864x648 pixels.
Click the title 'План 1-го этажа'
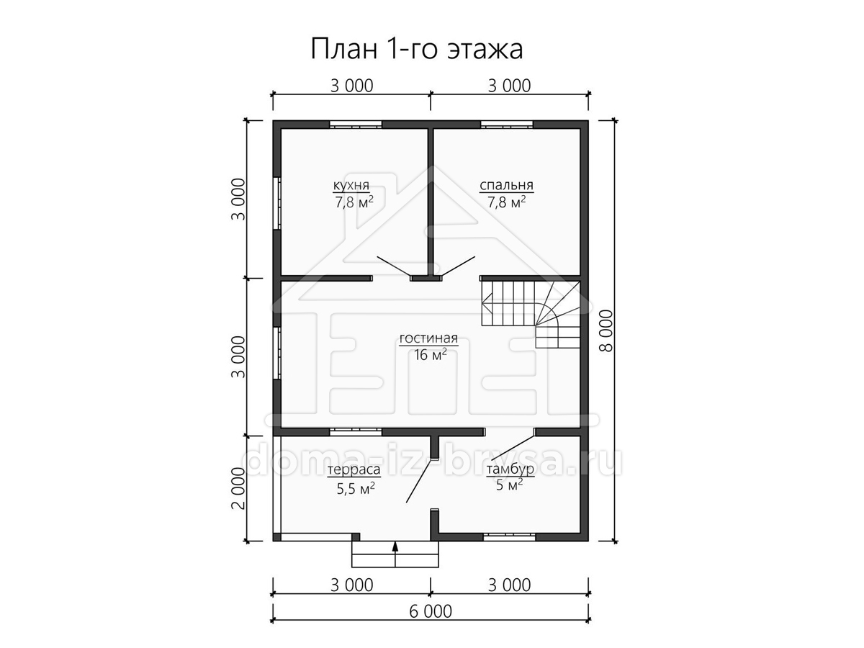click(x=416, y=49)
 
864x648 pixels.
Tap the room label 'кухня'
click(x=351, y=184)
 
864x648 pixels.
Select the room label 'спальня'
click(x=506, y=185)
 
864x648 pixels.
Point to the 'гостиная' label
click(x=428, y=338)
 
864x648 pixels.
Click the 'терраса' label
click(x=354, y=469)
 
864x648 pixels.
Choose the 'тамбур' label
click(x=510, y=469)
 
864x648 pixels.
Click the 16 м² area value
click(x=430, y=354)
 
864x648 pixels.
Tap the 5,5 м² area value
click(x=355, y=488)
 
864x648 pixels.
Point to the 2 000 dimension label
click(x=238, y=488)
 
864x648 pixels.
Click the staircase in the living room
click(x=531, y=315)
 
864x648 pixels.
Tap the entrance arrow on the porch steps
click(x=395, y=554)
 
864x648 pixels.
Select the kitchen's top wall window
click(x=356, y=125)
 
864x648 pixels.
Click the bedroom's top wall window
click(x=507, y=125)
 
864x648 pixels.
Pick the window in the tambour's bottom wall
click(x=509, y=536)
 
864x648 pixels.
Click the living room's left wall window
click(x=277, y=353)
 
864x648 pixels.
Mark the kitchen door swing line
click(x=394, y=266)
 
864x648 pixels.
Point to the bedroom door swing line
click(x=458, y=266)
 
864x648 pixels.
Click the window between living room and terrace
click(x=356, y=431)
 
